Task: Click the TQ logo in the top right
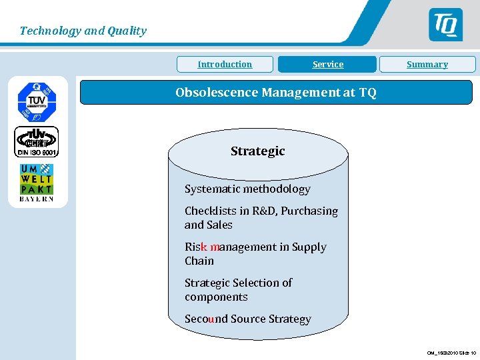(445, 25)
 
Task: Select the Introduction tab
(225, 65)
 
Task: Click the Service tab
(328, 65)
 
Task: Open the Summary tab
(427, 65)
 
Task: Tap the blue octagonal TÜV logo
(37, 101)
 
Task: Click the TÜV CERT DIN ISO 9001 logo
(37, 142)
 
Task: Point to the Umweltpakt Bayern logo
(36, 181)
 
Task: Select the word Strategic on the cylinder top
(257, 151)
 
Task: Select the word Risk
(196, 247)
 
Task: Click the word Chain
(199, 261)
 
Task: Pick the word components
(216, 297)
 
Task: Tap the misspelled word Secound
(206, 319)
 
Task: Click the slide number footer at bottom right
(451, 353)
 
